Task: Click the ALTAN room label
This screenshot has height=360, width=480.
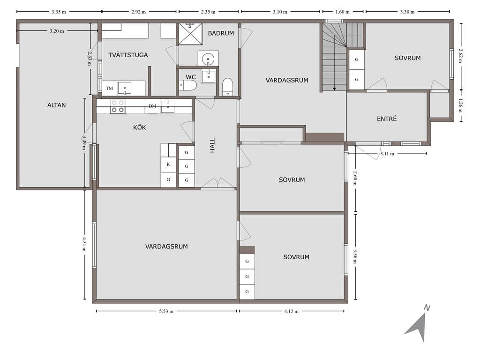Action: [x=56, y=105]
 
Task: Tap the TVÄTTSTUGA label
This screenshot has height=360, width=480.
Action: [x=128, y=55]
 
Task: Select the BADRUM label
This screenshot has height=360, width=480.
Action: [x=221, y=33]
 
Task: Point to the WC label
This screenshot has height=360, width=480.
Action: [x=191, y=77]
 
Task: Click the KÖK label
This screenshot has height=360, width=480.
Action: [x=139, y=127]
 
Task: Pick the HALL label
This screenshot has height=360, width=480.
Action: [x=212, y=145]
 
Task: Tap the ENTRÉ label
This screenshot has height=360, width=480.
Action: [x=387, y=119]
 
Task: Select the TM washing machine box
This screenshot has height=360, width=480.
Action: [x=109, y=88]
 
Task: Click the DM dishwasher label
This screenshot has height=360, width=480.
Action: [x=152, y=106]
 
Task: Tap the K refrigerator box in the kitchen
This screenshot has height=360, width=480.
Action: [x=168, y=165]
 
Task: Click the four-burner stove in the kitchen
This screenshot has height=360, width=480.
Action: [x=118, y=106]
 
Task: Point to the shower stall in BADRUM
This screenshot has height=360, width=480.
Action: [x=190, y=34]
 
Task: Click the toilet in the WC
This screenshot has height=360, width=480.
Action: [x=187, y=85]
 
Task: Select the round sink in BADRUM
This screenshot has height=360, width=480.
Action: [x=208, y=58]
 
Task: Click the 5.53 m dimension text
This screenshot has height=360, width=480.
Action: [x=166, y=311]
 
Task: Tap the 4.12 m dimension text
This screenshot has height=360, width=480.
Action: [x=291, y=311]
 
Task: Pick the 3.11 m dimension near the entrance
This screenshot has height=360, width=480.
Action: [x=387, y=153]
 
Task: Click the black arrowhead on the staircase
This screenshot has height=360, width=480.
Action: [x=335, y=89]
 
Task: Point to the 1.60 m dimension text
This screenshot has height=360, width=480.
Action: [x=342, y=12]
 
